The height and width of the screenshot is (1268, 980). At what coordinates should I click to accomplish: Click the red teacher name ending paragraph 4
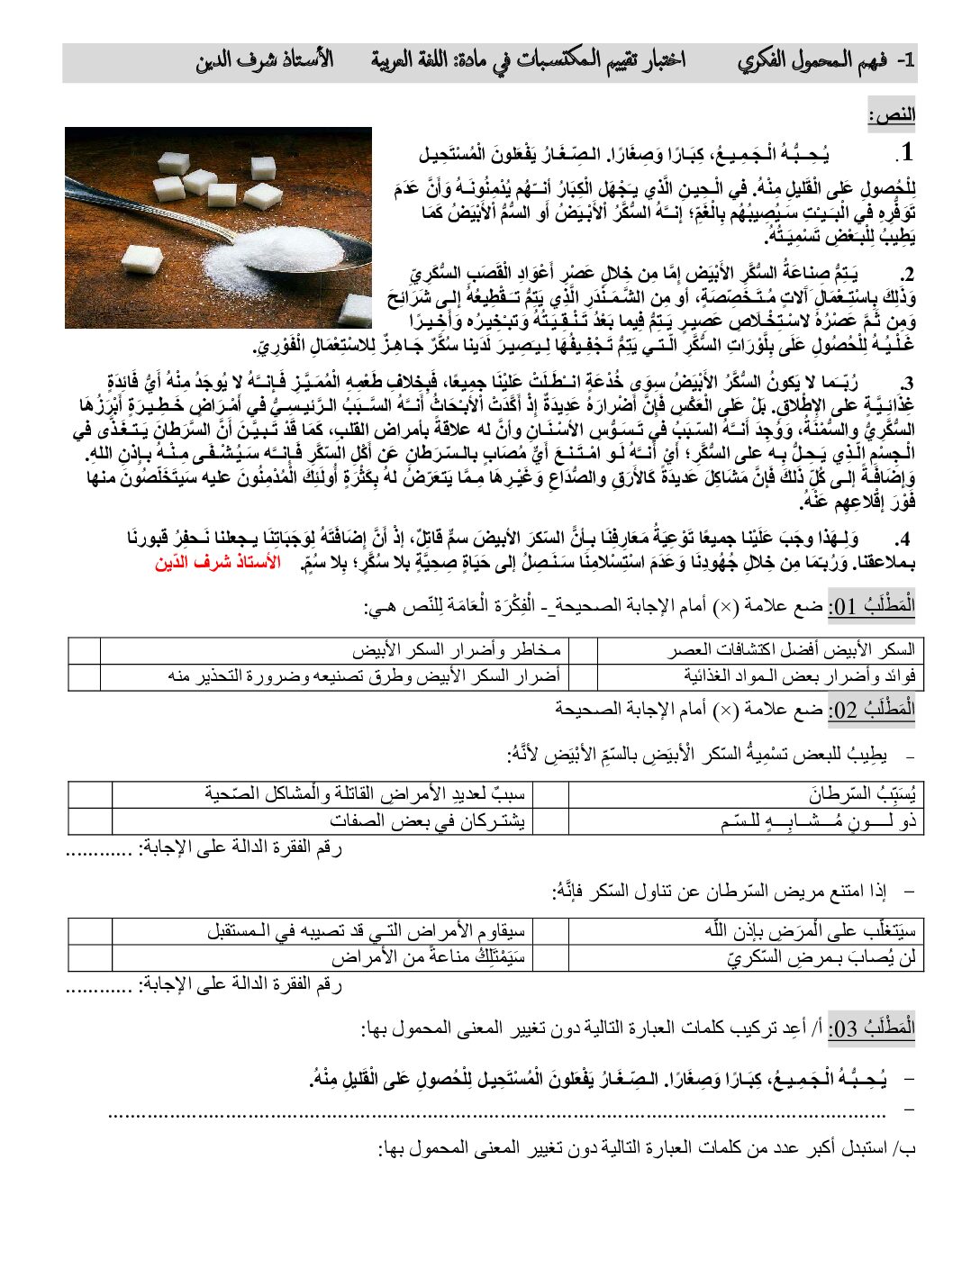tap(217, 563)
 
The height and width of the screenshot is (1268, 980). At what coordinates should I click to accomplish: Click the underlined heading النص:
tap(892, 115)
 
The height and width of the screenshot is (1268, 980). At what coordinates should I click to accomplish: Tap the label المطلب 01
tap(871, 605)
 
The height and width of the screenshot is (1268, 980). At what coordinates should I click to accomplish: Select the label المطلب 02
tap(871, 710)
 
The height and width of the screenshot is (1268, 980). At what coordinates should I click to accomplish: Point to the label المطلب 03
tap(871, 1028)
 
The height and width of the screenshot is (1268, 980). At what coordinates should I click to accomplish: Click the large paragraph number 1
tap(905, 151)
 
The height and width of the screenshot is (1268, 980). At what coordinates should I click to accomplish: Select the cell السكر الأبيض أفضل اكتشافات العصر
tap(791, 649)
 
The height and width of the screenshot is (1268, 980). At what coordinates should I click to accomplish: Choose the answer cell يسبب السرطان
tap(862, 793)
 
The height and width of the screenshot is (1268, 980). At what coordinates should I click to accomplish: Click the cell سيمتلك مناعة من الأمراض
tap(427, 956)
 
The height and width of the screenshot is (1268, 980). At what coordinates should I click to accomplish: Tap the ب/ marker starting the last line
tap(903, 1148)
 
